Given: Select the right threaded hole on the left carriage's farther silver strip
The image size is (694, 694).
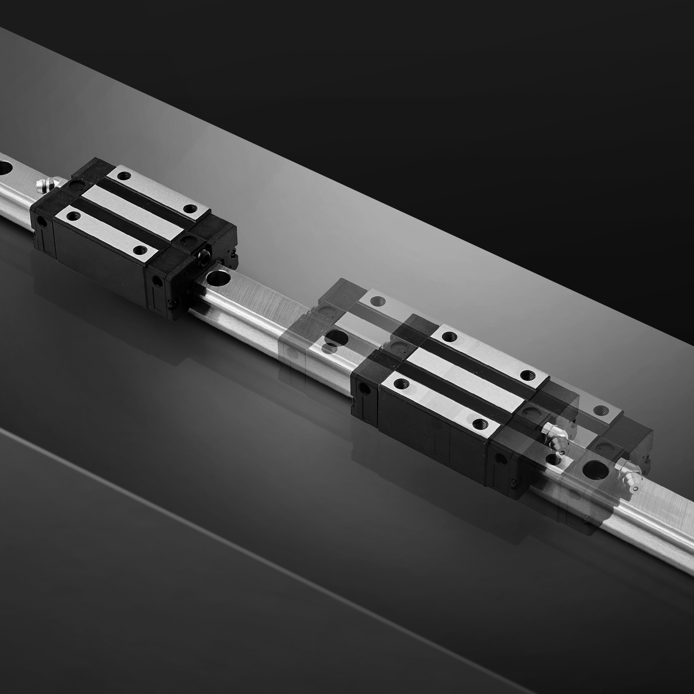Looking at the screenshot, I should point(189,209).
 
